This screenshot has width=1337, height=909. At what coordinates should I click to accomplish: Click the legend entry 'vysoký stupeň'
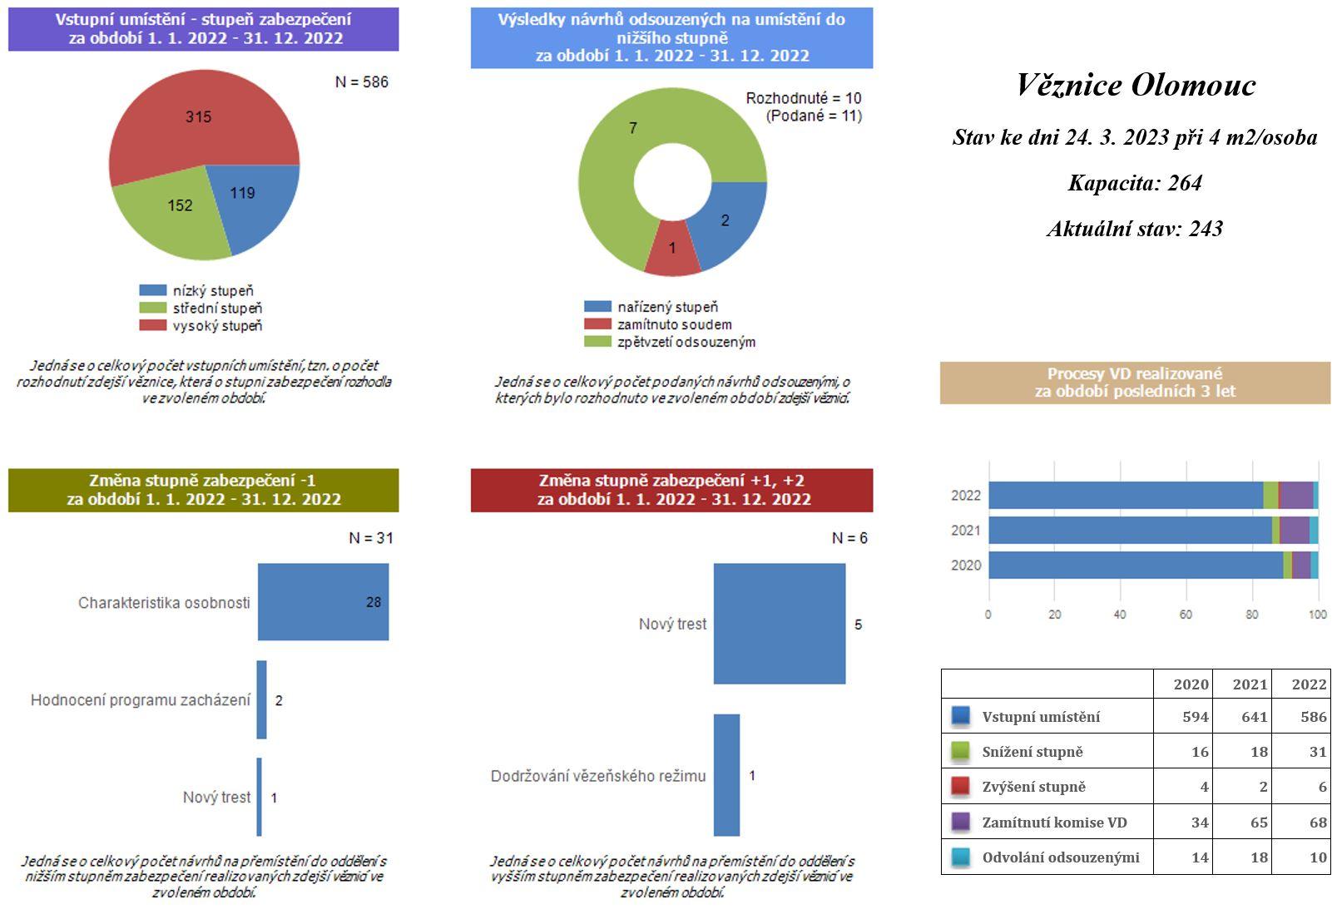pos(216,326)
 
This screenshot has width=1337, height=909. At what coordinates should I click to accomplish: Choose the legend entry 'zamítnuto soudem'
pos(674,324)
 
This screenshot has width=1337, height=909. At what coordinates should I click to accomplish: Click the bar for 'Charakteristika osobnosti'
pos(323,602)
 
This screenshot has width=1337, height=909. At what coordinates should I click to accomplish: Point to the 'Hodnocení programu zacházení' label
pos(140,700)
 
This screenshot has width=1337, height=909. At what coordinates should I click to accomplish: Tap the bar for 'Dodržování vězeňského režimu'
pos(726,775)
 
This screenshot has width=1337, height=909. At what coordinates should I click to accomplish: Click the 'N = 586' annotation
pos(362,82)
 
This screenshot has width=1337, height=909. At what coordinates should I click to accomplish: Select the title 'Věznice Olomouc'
pos(1136,85)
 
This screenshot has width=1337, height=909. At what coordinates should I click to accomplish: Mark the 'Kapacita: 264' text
pos(1135,183)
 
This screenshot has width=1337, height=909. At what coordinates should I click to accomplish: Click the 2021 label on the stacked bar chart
pos(966,531)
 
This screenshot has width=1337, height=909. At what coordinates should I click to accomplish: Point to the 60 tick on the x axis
pos(1186,615)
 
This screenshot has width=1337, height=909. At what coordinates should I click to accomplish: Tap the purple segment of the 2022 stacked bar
pos(1295,495)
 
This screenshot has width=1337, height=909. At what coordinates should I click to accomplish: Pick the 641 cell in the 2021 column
pos(1254,717)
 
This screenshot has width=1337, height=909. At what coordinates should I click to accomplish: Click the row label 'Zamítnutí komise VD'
pos(1054,823)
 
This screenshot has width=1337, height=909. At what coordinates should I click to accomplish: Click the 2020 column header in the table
pos(1191,684)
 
